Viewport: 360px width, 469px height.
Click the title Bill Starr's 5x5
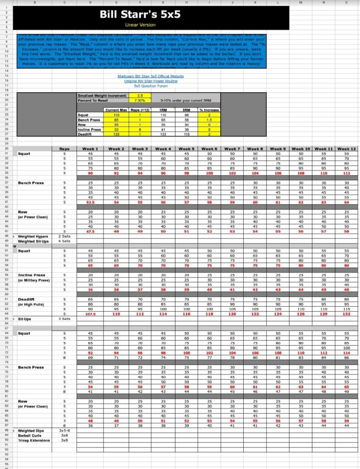click(140, 15)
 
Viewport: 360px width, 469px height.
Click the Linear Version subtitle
click(140, 24)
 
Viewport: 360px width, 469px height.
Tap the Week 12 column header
click(347, 149)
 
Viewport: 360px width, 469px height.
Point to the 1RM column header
click(163, 110)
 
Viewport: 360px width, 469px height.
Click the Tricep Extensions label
click(34, 440)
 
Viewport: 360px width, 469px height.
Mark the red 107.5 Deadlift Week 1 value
click(90, 314)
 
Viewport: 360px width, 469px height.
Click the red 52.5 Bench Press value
click(90, 202)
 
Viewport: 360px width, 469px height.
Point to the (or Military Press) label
click(34, 280)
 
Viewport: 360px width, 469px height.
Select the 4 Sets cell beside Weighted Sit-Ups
click(65, 241)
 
